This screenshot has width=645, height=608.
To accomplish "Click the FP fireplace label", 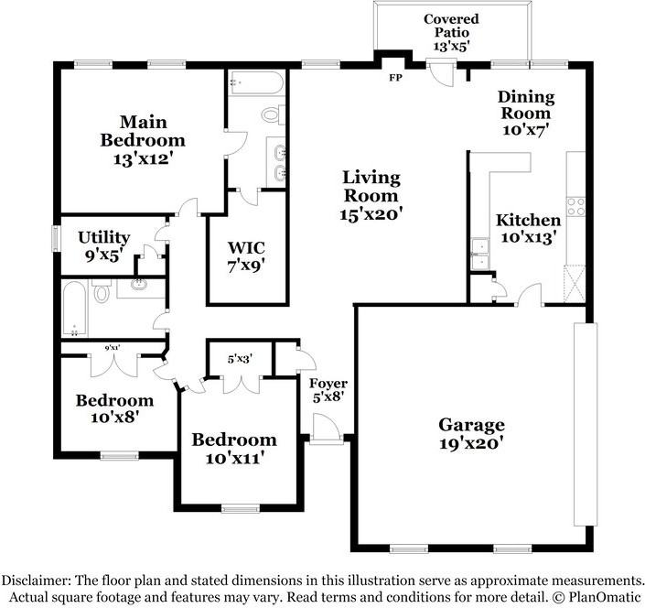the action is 395,78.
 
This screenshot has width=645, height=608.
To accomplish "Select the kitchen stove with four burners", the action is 575,207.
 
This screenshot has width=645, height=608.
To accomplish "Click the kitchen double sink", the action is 480,254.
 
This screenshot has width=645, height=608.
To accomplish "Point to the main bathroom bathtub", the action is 256,83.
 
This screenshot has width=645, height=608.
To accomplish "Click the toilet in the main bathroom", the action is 274,114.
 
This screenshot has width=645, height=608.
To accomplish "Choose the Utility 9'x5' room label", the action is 103,246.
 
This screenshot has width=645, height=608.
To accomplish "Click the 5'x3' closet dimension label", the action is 240,359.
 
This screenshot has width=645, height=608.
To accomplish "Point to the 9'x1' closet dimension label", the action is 112,348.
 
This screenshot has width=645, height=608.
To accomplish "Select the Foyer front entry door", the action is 327,429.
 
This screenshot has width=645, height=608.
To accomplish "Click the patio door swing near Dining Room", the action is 441,74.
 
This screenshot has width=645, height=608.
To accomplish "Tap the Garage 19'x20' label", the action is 471,433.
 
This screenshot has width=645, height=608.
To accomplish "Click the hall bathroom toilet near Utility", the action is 102,291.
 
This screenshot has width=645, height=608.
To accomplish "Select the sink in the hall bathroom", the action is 139,285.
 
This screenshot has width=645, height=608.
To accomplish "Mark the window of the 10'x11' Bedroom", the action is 241,509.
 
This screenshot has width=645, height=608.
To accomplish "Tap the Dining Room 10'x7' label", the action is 526,113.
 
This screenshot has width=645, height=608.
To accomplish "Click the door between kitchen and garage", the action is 529,295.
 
